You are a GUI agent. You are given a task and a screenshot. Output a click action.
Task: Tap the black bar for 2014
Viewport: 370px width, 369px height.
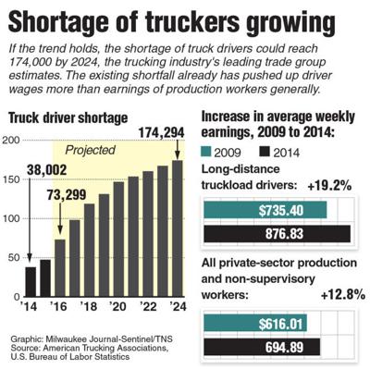[x=30, y=282]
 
